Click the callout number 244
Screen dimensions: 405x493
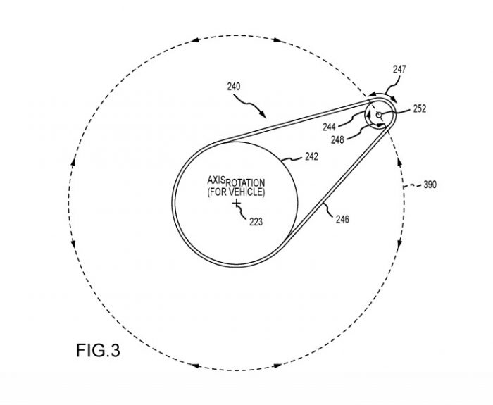330,127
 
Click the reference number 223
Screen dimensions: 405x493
256,220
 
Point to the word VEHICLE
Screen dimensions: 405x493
247,192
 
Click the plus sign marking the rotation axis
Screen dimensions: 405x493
237,204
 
